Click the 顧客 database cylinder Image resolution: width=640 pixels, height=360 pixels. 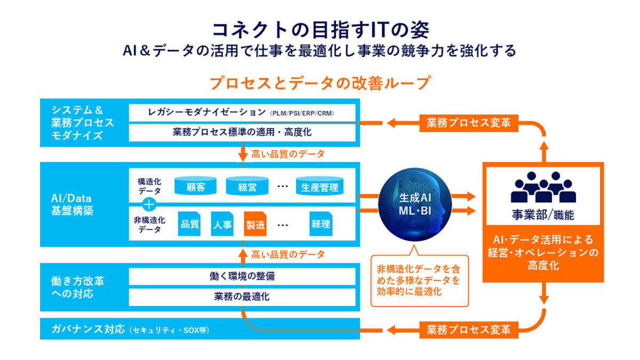(x=196, y=187)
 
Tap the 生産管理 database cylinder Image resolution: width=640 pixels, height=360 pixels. (x=319, y=187)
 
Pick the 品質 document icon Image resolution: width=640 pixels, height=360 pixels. (x=189, y=225)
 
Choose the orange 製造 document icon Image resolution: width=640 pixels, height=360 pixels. (x=255, y=225)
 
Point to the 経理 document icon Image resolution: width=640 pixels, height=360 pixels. (x=321, y=225)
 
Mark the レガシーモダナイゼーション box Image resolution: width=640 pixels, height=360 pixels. (x=243, y=113)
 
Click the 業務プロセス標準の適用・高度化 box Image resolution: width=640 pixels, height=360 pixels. (x=243, y=132)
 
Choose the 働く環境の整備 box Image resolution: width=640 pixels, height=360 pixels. (x=243, y=276)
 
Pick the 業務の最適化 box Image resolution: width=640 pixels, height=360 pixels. (x=243, y=297)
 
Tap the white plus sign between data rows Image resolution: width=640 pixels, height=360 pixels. (x=150, y=204)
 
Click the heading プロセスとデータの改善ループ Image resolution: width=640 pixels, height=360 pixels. (x=319, y=83)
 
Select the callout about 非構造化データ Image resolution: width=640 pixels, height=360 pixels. (x=419, y=279)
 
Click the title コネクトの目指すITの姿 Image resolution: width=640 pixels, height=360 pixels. (x=319, y=29)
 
